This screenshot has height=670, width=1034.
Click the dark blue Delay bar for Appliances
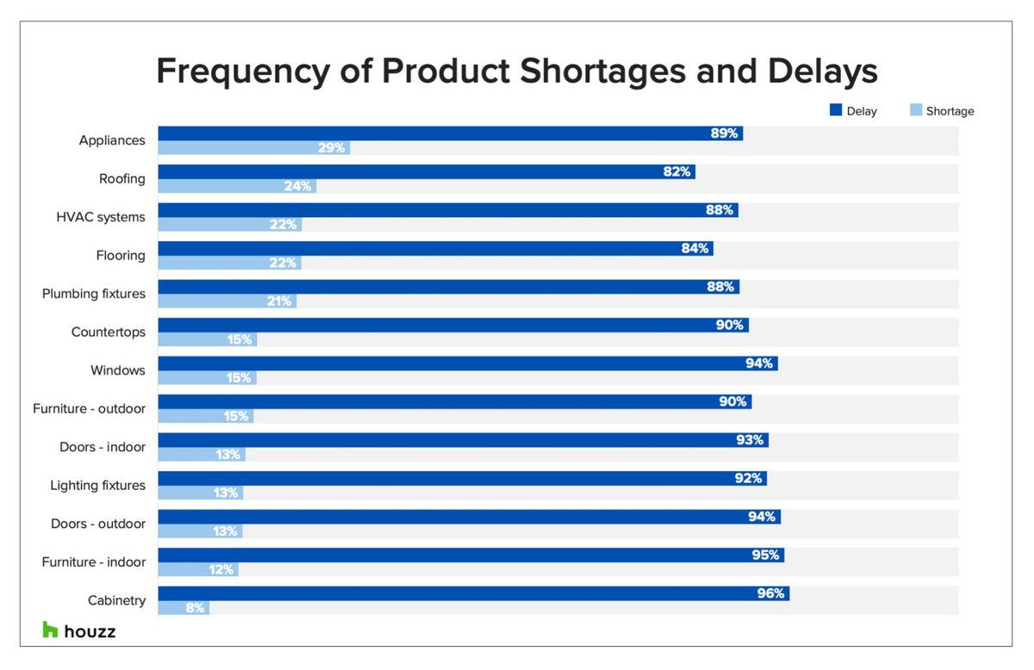(x=448, y=133)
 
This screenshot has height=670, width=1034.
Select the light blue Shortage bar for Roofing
(x=237, y=186)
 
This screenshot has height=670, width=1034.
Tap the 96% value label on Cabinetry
(x=770, y=593)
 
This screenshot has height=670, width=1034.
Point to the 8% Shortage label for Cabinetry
(x=195, y=608)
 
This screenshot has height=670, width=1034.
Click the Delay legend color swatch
(x=835, y=110)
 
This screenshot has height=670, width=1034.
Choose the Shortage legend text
(x=950, y=111)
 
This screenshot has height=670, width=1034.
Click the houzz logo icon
(x=51, y=630)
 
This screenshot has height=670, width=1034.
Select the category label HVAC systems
(x=101, y=217)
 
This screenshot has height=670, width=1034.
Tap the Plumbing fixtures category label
(x=94, y=294)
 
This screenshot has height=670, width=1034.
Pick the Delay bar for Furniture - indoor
(x=470, y=555)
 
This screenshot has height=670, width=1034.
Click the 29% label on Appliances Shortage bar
(x=331, y=148)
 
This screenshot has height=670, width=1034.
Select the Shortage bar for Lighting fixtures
(x=200, y=493)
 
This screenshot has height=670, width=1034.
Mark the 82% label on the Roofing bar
(x=676, y=172)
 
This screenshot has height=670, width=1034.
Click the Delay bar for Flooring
(x=435, y=248)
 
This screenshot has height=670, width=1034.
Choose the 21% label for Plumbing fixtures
(x=279, y=301)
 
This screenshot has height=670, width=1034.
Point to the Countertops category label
(x=109, y=332)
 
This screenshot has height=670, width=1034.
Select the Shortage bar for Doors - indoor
(x=202, y=455)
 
